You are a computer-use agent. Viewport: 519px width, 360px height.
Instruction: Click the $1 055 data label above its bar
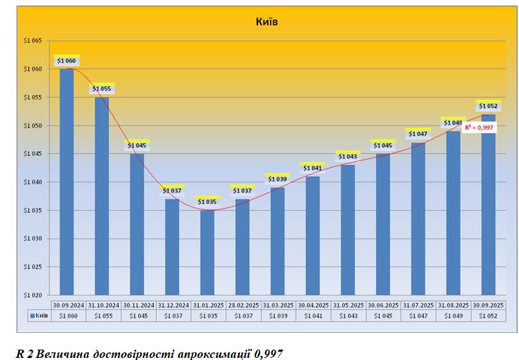tap(101, 89)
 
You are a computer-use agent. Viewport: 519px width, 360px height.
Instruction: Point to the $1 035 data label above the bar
tap(207, 202)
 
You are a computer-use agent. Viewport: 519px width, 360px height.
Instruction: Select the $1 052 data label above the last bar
tap(488, 106)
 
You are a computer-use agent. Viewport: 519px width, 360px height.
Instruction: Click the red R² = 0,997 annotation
tap(479, 128)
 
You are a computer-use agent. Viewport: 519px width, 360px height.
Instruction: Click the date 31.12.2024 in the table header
tap(172, 305)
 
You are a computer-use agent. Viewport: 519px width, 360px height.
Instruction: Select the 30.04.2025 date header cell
tap(313, 305)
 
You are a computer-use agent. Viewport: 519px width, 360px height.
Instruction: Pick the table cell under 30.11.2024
tap(137, 316)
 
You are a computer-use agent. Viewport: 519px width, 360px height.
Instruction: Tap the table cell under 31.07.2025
tap(418, 316)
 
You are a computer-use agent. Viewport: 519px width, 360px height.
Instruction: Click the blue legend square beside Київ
tap(31, 316)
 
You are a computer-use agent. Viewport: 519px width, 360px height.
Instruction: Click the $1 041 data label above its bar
tap(313, 168)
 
